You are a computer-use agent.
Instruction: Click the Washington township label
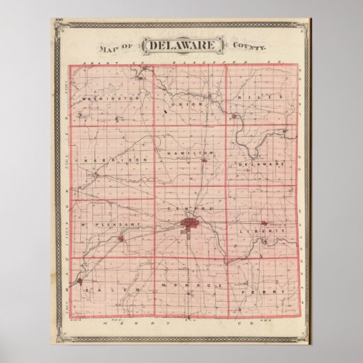[x=110, y=98]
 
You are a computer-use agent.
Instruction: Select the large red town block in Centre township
[x=188, y=223]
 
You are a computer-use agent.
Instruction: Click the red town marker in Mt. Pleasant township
[x=122, y=239]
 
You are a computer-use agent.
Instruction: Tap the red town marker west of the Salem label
[x=81, y=281]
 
